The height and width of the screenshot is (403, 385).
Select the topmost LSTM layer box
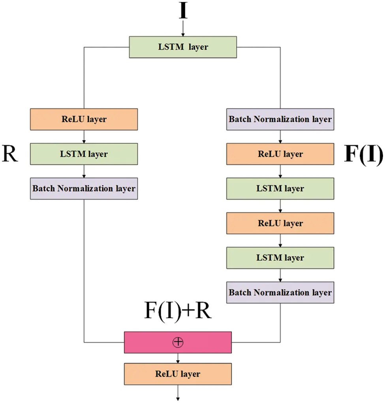pyautogui.click(x=183, y=47)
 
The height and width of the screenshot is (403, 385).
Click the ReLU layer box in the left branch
pyautogui.click(x=84, y=119)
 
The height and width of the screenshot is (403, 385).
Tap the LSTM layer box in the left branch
pyautogui.click(x=84, y=154)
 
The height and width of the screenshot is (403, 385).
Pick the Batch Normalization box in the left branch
pyautogui.click(x=84, y=188)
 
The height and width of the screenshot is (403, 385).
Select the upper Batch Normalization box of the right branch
pyautogui.click(x=280, y=119)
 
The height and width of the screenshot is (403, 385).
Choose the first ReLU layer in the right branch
pyautogui.click(x=280, y=154)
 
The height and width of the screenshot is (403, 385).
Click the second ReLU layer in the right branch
pyautogui.click(x=280, y=223)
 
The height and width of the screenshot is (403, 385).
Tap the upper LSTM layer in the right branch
pyautogui.click(x=280, y=188)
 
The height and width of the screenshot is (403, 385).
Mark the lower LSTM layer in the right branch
pyautogui.click(x=280, y=258)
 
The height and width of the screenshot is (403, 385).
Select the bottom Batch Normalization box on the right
pyautogui.click(x=280, y=293)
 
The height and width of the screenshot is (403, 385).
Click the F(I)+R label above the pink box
pyautogui.click(x=178, y=312)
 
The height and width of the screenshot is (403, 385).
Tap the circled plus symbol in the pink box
pyautogui.click(x=178, y=342)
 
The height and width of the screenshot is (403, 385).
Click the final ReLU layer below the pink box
pyautogui.click(x=178, y=374)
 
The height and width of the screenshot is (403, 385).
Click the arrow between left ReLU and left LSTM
pyautogui.click(x=84, y=136)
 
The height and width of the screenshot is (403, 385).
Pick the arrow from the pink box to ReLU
pyautogui.click(x=178, y=358)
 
